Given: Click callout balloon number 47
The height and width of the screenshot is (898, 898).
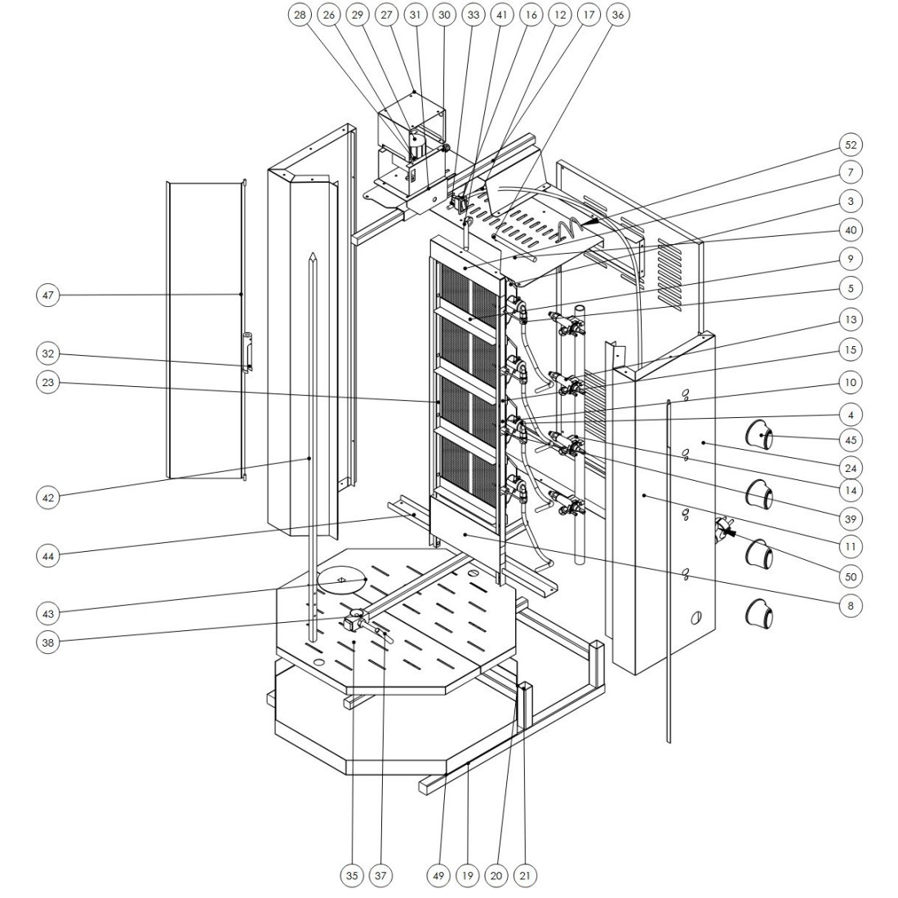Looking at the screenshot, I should pos(50,295).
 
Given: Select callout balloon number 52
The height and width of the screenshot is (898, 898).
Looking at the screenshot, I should pos(851,144).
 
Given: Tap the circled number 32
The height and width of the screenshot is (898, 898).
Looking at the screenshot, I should pos(50,353).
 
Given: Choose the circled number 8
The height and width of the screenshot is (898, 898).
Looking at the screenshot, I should pos(851,606).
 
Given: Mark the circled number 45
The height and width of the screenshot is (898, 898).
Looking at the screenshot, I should pos(851,439).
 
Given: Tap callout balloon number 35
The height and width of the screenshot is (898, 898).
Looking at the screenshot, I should pos(352,876).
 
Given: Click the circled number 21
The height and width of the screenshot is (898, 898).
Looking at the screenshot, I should pos(525,876).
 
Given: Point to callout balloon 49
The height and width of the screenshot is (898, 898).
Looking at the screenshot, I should pos(438,876).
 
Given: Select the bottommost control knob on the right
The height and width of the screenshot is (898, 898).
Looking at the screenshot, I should pos(760,614).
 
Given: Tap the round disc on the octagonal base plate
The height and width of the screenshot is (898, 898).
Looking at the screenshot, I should pos(342,580).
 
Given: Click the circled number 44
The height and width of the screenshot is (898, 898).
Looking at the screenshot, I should pos(50,556).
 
